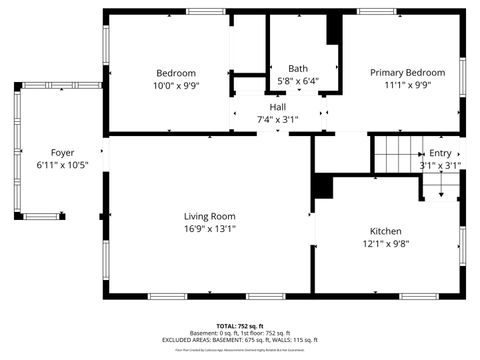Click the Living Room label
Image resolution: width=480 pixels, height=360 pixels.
point(209,216)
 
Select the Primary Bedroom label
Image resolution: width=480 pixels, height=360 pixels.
point(407,73)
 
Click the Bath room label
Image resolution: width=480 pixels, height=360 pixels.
point(298,68)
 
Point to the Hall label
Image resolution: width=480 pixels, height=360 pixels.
point(278,107)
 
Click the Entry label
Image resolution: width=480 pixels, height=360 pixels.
point(440,153)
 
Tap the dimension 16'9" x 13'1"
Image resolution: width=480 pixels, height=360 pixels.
point(209,228)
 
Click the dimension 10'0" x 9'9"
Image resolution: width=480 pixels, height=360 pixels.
point(175,86)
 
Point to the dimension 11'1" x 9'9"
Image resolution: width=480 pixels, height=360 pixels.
point(407,86)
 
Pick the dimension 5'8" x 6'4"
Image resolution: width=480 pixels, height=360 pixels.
point(298,81)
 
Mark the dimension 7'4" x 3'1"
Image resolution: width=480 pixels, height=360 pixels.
point(278,120)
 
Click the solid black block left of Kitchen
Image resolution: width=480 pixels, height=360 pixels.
point(323,187)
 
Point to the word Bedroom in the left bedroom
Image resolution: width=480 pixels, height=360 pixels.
point(175,73)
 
